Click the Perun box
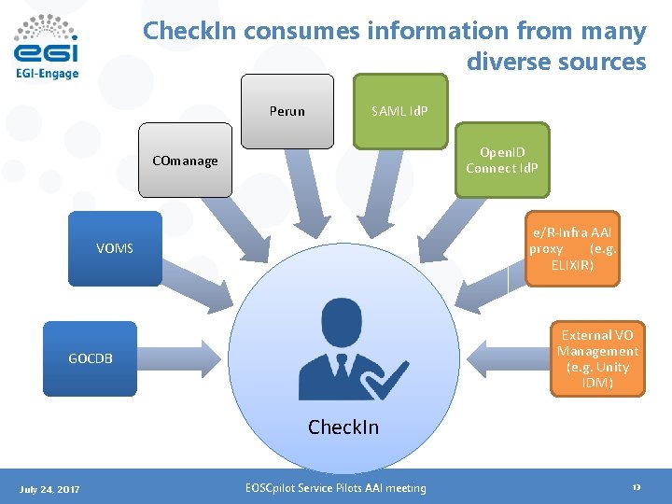(x=287, y=111)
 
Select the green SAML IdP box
(x=399, y=111)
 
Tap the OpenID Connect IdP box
(x=503, y=160)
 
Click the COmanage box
(x=185, y=161)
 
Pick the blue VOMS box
(x=115, y=248)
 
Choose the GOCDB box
(x=91, y=358)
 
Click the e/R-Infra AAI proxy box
(x=572, y=248)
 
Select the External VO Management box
(x=597, y=359)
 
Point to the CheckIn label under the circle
(x=343, y=427)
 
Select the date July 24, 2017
(x=49, y=489)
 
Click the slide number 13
(x=636, y=488)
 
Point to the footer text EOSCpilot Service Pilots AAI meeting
(x=335, y=488)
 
